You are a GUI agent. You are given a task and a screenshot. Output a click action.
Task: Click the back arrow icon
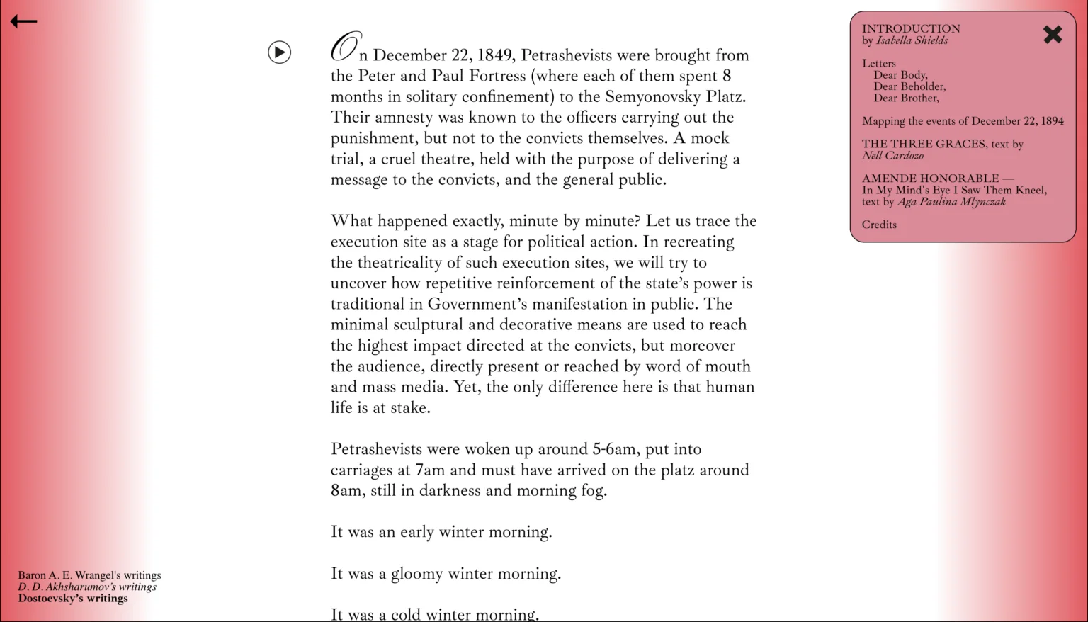pos(23,22)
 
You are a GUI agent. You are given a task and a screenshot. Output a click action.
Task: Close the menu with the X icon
pos(1053,35)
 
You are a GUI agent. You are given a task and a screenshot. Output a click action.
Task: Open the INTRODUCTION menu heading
pos(911,29)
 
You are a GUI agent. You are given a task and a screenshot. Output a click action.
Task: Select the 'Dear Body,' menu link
pos(900,75)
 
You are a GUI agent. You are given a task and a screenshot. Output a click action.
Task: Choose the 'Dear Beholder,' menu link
pos(909,86)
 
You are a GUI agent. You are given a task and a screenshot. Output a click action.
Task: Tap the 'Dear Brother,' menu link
pos(906,98)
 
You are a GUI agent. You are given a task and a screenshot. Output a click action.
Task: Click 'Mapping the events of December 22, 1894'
pos(963,121)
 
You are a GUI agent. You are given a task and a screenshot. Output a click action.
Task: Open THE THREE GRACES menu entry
pos(924,144)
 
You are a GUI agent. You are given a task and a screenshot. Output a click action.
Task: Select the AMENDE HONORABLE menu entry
pos(930,179)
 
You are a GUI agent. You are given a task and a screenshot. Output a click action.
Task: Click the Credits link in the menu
pos(879,225)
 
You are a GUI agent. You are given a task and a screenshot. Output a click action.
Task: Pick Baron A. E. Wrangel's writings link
pos(89,575)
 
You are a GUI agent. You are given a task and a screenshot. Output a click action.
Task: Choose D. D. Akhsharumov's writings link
pos(87,587)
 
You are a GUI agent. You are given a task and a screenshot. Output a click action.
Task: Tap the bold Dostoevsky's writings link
pos(73,599)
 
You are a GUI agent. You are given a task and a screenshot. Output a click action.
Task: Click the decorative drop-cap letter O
pos(346,48)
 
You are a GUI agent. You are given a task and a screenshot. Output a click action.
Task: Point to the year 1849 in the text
pos(494,55)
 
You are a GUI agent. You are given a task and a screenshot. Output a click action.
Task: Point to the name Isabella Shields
pos(912,40)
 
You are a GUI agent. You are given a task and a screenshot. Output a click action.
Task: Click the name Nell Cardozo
pos(892,155)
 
